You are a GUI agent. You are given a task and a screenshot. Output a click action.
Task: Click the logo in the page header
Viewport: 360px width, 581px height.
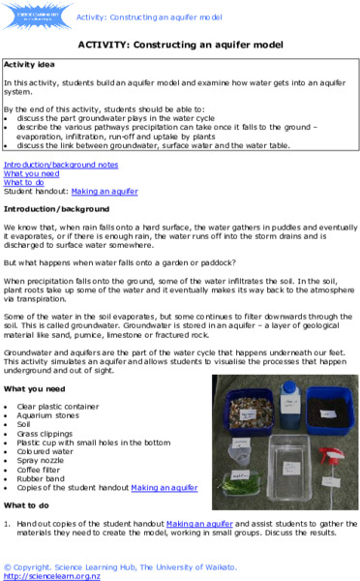pyautogui.click(x=38, y=15)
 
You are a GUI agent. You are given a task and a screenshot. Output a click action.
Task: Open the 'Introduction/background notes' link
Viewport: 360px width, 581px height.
pyautogui.click(x=61, y=165)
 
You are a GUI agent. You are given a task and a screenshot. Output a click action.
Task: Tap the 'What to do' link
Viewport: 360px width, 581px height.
pyautogui.click(x=24, y=182)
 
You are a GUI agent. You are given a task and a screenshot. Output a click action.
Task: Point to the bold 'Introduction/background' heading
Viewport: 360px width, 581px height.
pyautogui.click(x=55, y=208)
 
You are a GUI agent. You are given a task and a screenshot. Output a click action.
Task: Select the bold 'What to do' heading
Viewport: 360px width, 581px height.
pyautogui.click(x=27, y=505)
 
